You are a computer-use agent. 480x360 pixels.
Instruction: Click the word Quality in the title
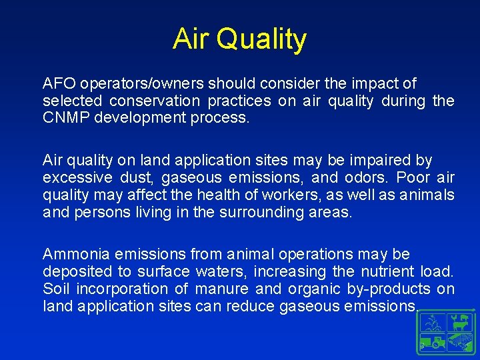point(261,40)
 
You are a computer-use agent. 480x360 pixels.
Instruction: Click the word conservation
point(154,101)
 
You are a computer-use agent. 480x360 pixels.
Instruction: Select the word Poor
point(414,178)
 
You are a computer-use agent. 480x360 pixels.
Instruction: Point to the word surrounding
point(275,213)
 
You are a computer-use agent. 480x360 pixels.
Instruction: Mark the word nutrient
point(389,272)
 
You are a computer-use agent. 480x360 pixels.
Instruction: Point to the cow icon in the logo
point(459,324)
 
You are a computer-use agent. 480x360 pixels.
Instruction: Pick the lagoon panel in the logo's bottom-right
point(459,343)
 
